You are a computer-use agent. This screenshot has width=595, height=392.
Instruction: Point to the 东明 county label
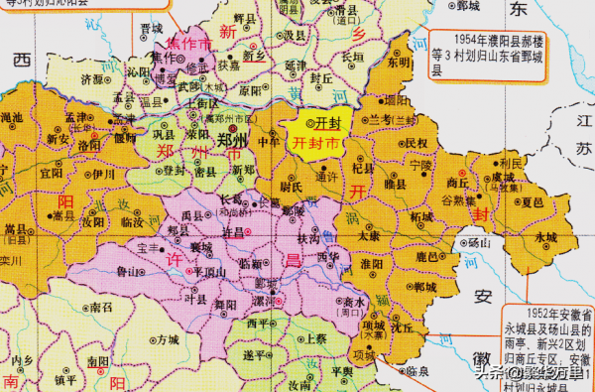click(398, 61)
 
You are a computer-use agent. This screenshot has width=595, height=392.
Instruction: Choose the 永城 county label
click(544, 238)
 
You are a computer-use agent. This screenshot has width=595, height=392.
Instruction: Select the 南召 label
click(101, 309)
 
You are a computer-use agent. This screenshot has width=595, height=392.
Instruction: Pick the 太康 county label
click(370, 237)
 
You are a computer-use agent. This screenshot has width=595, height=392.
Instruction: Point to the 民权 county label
click(417, 143)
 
